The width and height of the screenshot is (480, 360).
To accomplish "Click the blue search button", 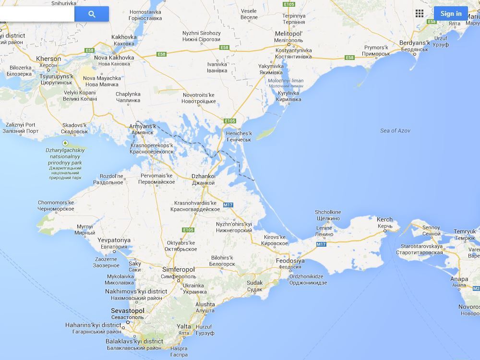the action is click(x=92, y=14).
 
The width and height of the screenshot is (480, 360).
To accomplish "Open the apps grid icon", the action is click(x=420, y=13).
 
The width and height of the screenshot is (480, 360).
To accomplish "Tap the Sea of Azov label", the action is click(x=395, y=131).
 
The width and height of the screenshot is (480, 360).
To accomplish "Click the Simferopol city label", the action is click(x=179, y=270).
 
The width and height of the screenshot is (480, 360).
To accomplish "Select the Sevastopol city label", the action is click(x=127, y=311).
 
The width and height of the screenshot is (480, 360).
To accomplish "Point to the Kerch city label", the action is click(x=384, y=219).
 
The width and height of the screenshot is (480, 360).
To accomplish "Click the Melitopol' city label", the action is click(x=288, y=34).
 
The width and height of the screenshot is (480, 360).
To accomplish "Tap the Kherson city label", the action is click(x=48, y=59).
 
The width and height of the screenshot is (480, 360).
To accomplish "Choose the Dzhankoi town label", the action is click(x=203, y=176).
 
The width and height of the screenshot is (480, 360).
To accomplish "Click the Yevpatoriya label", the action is click(x=114, y=240).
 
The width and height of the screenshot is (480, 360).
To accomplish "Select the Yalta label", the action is click(x=184, y=326).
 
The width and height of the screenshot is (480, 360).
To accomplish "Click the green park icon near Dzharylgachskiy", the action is click(x=65, y=143).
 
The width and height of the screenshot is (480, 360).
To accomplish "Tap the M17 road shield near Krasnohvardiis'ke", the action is click(x=228, y=205).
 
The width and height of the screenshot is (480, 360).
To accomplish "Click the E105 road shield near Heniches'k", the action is click(x=230, y=121).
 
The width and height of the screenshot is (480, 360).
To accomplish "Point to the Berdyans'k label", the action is click(x=414, y=43).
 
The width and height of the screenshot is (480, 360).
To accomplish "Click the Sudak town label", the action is click(x=254, y=283).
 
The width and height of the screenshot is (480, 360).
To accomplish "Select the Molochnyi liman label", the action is click(x=285, y=81).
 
